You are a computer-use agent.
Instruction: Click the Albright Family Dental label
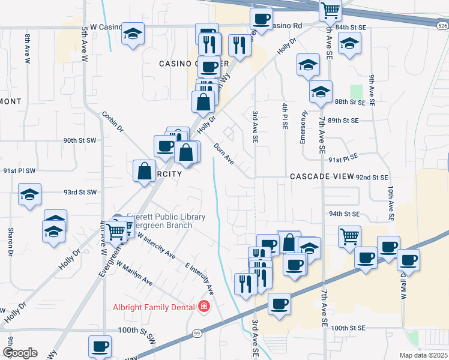pyautogui.click(x=154, y=307)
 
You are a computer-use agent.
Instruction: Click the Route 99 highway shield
pyautogui.click(x=196, y=333)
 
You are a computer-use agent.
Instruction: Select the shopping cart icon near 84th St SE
pyautogui.click(x=330, y=9)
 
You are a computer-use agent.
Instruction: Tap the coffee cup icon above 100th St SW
pyautogui.click(x=100, y=346)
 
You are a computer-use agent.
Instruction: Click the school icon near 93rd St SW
pyautogui.click(x=29, y=194)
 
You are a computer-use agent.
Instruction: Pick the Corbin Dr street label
pyautogui.click(x=112, y=121)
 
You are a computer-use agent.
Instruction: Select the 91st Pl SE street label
pyautogui.click(x=343, y=158)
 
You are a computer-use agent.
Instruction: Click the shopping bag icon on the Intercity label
pyautogui.click(x=144, y=171)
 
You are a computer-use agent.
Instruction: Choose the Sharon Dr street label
pyautogui.click(x=11, y=240)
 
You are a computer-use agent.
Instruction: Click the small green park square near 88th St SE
pyautogui.click(x=357, y=92)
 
